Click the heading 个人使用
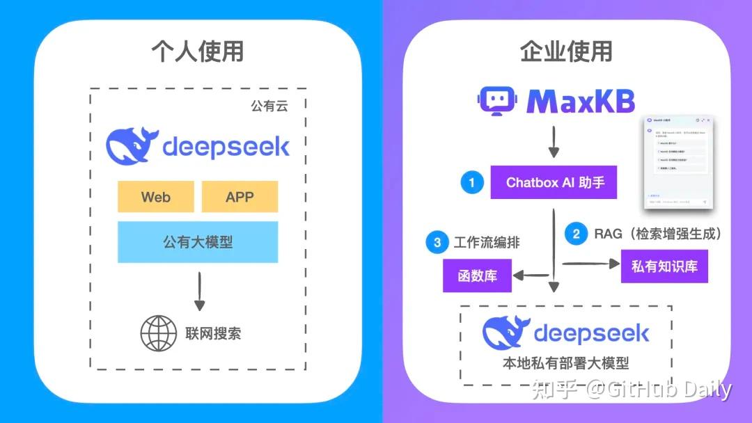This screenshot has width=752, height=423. (198, 51)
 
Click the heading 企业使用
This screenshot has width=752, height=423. (566, 51)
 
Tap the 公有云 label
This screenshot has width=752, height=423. (269, 106)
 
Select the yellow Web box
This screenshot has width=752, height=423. (156, 197)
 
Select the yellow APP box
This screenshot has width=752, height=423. (240, 197)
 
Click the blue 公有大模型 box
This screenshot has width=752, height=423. (198, 242)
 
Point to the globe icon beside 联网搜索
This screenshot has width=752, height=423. (159, 333)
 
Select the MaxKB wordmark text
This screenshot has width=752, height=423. (581, 102)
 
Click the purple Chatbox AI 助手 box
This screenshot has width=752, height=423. (554, 183)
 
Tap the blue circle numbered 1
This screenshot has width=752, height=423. (471, 183)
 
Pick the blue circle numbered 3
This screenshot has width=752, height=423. (437, 242)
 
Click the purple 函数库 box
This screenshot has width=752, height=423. (477, 276)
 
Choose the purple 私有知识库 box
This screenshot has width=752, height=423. (664, 266)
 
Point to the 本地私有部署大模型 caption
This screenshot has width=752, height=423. (565, 363)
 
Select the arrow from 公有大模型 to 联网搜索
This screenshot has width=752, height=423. (200, 291)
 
